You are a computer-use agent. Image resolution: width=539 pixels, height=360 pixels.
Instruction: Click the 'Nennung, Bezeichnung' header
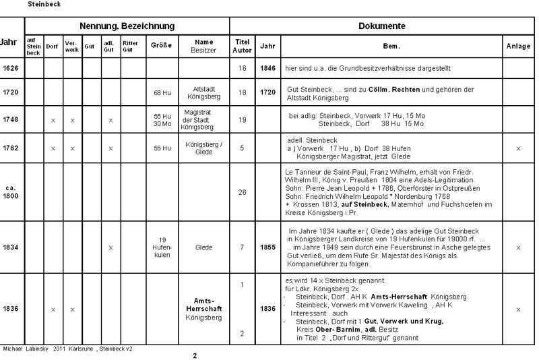[x=127, y=26]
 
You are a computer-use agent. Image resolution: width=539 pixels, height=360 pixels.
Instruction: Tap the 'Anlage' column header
[x=518, y=47]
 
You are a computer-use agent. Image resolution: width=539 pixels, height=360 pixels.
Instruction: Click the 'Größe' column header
[x=162, y=47]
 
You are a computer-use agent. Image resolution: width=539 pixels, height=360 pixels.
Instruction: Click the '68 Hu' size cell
[x=162, y=91]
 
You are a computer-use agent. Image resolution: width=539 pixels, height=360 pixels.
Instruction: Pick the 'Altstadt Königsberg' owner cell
[x=203, y=92]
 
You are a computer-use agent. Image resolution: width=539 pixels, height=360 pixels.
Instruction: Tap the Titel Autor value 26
[x=243, y=192]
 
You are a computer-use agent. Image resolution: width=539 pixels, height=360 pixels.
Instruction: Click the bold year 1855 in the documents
[x=267, y=247]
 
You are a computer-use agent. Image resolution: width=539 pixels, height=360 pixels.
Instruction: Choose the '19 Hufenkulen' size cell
[x=162, y=247]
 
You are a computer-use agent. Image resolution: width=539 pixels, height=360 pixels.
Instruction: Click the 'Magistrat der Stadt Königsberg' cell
[x=203, y=119]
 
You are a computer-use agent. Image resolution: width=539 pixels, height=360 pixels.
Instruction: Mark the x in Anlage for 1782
[x=518, y=148]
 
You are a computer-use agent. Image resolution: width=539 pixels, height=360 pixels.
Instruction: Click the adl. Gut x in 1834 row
[x=110, y=247]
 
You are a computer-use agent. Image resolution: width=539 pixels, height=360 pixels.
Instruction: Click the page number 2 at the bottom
[x=195, y=355]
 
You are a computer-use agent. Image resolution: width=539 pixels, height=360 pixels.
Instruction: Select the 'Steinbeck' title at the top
[x=44, y=4]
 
